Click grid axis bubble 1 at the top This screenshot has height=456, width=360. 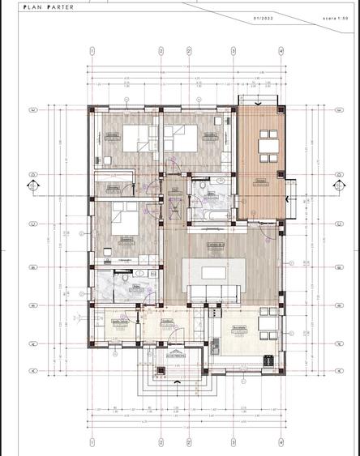[x=92, y=51]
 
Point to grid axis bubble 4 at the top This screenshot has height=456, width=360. [x=281, y=51]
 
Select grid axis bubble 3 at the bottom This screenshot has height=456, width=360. [x=234, y=443]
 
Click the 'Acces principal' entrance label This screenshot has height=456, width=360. [x=178, y=354]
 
